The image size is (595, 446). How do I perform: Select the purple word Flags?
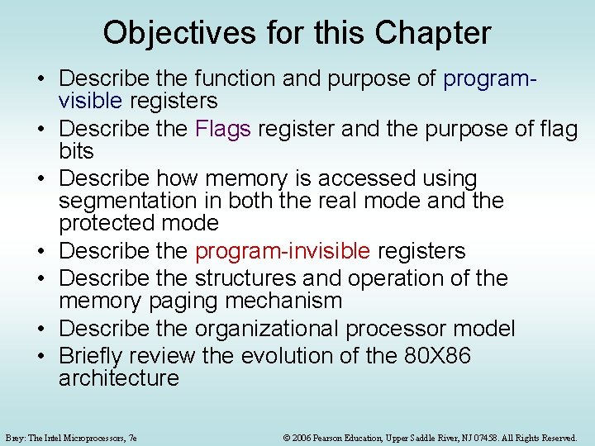[x=226, y=129]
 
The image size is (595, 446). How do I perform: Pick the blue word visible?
[x=90, y=101]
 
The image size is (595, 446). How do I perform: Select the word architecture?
[x=119, y=378]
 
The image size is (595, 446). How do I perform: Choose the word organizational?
[x=269, y=328]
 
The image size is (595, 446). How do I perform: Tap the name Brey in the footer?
[x=16, y=438]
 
